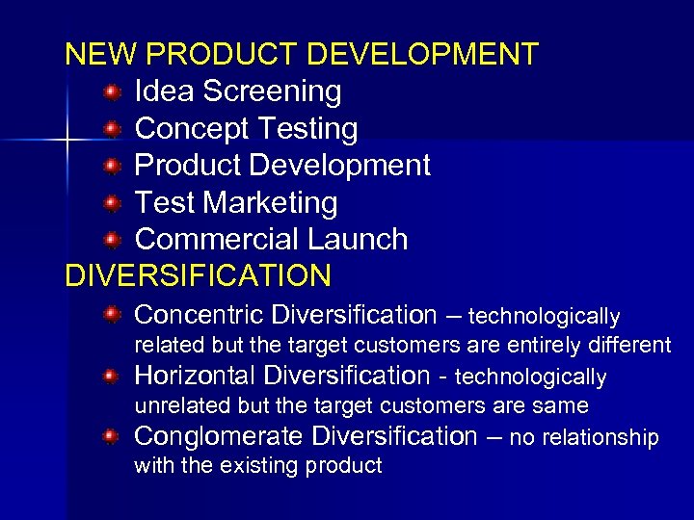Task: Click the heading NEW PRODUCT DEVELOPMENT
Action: pos(301,54)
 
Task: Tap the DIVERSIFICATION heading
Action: pos(198,275)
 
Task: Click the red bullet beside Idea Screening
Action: pos(113,92)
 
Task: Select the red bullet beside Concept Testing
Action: pos(113,129)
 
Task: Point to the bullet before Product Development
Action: pos(113,166)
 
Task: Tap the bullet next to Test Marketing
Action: pos(113,203)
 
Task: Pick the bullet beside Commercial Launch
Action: pos(113,240)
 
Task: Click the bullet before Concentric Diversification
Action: pos(113,314)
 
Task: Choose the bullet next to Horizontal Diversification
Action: pos(113,375)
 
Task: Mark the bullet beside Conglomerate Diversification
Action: pos(113,436)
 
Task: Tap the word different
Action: pos(633,345)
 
